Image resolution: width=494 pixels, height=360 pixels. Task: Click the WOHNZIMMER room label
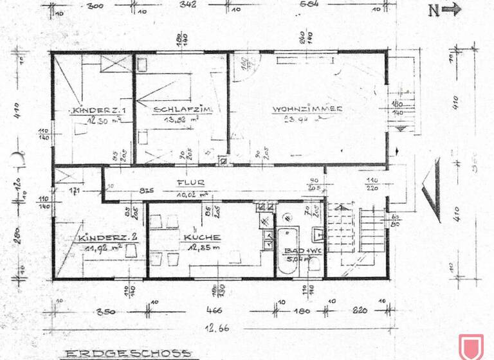pos(307,109)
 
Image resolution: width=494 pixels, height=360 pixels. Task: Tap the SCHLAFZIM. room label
pos(174,109)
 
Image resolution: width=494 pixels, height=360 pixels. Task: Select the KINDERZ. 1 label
pos(94,110)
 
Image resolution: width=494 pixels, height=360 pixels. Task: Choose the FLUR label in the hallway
pos(191,183)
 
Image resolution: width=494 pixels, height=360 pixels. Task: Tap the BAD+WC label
pos(299,251)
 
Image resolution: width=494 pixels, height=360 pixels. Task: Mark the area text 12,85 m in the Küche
pos(201,248)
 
